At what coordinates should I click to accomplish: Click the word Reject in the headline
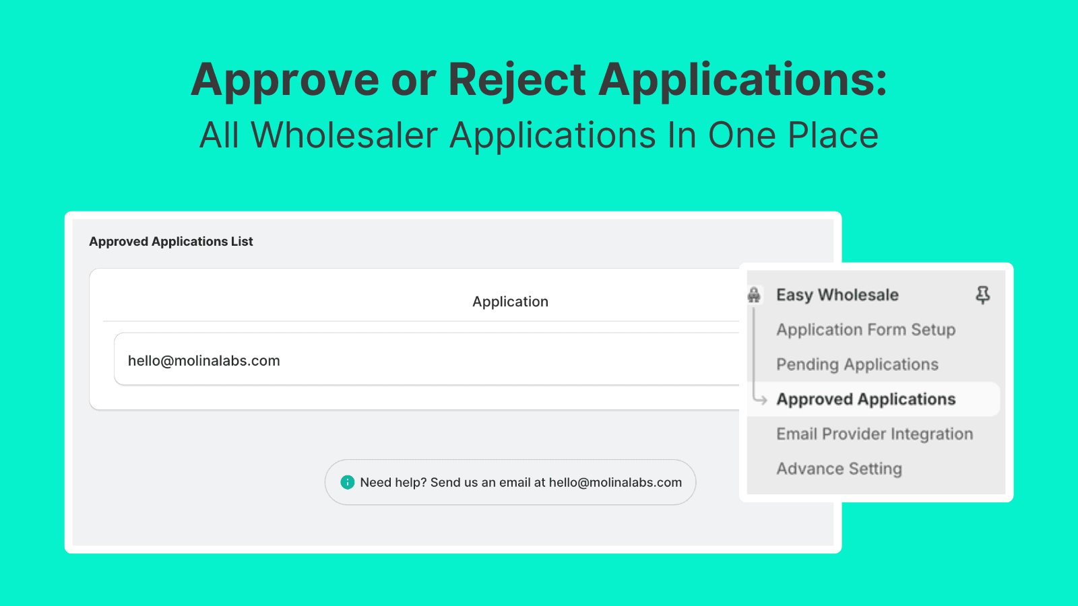[517, 81]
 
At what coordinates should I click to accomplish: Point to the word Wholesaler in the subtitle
[344, 135]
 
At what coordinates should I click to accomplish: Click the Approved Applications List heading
[171, 241]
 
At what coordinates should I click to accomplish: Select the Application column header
[510, 302]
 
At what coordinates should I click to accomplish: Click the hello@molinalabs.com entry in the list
[203, 361]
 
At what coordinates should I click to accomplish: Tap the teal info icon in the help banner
[348, 482]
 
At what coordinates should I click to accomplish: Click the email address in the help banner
[616, 482]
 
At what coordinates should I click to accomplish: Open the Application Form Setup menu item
[866, 329]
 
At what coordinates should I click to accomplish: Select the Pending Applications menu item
[857, 364]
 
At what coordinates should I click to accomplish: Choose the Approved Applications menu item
[866, 399]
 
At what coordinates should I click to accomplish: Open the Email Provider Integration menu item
[875, 434]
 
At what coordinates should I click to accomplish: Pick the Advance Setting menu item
[839, 469]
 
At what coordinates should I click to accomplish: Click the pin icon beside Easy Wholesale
[983, 295]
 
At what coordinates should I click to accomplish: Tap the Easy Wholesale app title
[837, 294]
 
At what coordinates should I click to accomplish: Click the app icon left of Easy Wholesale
[754, 294]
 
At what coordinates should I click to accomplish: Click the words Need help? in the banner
[393, 482]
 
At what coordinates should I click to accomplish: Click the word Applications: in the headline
[742, 81]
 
